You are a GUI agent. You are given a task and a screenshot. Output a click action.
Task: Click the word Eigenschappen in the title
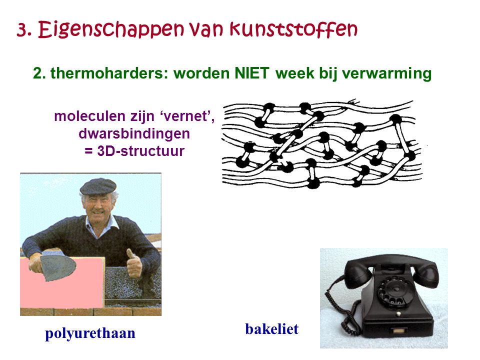click(x=111, y=30)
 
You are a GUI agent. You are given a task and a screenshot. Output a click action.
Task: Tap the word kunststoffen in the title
click(x=293, y=29)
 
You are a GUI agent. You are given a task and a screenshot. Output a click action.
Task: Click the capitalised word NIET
click(x=251, y=73)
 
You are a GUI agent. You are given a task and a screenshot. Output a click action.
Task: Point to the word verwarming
click(x=386, y=74)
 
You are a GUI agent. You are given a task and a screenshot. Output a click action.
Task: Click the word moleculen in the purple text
click(x=89, y=116)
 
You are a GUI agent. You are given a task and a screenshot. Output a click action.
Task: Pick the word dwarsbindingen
click(x=134, y=134)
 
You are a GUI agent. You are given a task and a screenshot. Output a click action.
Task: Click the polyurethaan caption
click(x=90, y=333)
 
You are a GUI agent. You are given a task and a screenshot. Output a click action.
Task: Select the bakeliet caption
click(x=272, y=329)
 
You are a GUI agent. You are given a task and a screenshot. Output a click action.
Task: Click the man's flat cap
click(x=98, y=186)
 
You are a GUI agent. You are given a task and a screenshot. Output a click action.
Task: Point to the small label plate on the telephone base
click(x=398, y=331)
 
